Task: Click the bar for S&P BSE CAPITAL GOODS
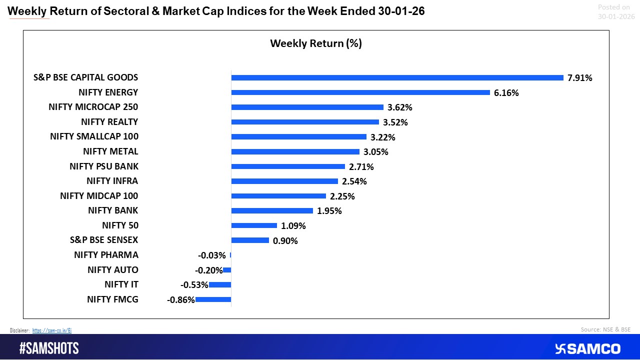click(397, 77)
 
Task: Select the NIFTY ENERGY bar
click(360, 92)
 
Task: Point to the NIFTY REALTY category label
click(109, 122)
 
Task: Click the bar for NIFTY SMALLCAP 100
click(298, 136)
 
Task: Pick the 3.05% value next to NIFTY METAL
click(375, 151)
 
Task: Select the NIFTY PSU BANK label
click(104, 166)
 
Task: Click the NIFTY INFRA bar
click(284, 181)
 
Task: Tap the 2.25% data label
click(342, 196)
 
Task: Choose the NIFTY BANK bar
click(272, 210)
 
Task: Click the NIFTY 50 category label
click(120, 225)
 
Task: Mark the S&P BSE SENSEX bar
click(250, 240)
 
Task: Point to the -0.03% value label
click(212, 255)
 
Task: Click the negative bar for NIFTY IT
click(220, 284)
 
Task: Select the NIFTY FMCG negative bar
click(213, 299)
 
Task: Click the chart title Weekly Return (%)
click(315, 43)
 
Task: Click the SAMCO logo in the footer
click(587, 348)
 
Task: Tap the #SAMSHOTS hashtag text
click(49, 348)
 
